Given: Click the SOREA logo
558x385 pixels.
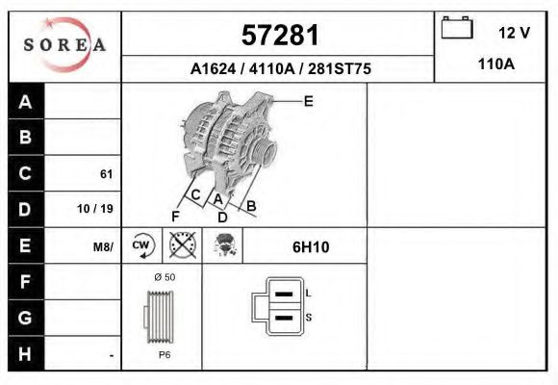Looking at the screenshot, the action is point(64,44).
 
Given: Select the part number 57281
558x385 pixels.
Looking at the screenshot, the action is point(280,36).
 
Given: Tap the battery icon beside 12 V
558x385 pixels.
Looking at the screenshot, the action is point(457,27).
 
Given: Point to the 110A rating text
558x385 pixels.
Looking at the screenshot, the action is point(496,64).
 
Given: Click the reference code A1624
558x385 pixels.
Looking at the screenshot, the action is point(214,68).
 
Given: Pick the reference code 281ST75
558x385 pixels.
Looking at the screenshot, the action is point(340,68).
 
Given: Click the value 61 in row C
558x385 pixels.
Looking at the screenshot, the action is point(107,174).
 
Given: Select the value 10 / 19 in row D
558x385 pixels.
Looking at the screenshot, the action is point(95,209).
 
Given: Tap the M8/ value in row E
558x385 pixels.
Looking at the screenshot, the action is point(103,246).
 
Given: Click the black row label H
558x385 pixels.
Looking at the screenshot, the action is point(25,354).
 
